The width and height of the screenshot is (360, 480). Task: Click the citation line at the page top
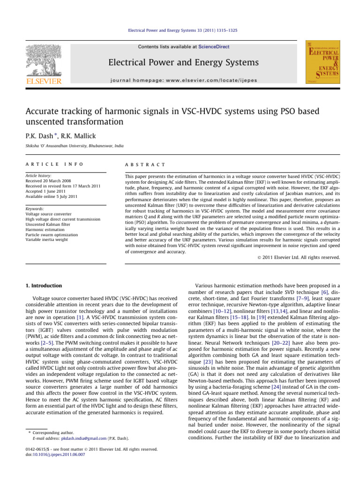pyautogui.click(x=180, y=30)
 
